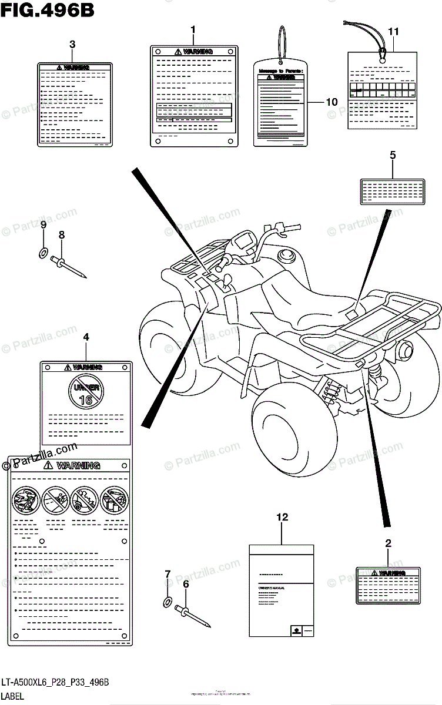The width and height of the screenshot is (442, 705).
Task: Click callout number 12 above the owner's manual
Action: (283, 517)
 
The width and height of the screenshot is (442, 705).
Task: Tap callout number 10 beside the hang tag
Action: (331, 102)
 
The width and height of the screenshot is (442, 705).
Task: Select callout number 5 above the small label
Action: (393, 155)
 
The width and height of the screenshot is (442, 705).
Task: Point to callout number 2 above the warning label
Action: (388, 543)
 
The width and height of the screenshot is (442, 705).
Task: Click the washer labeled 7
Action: (168, 601)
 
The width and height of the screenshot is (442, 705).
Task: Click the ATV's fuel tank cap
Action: (288, 256)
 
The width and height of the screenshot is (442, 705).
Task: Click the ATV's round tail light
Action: (406, 351)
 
